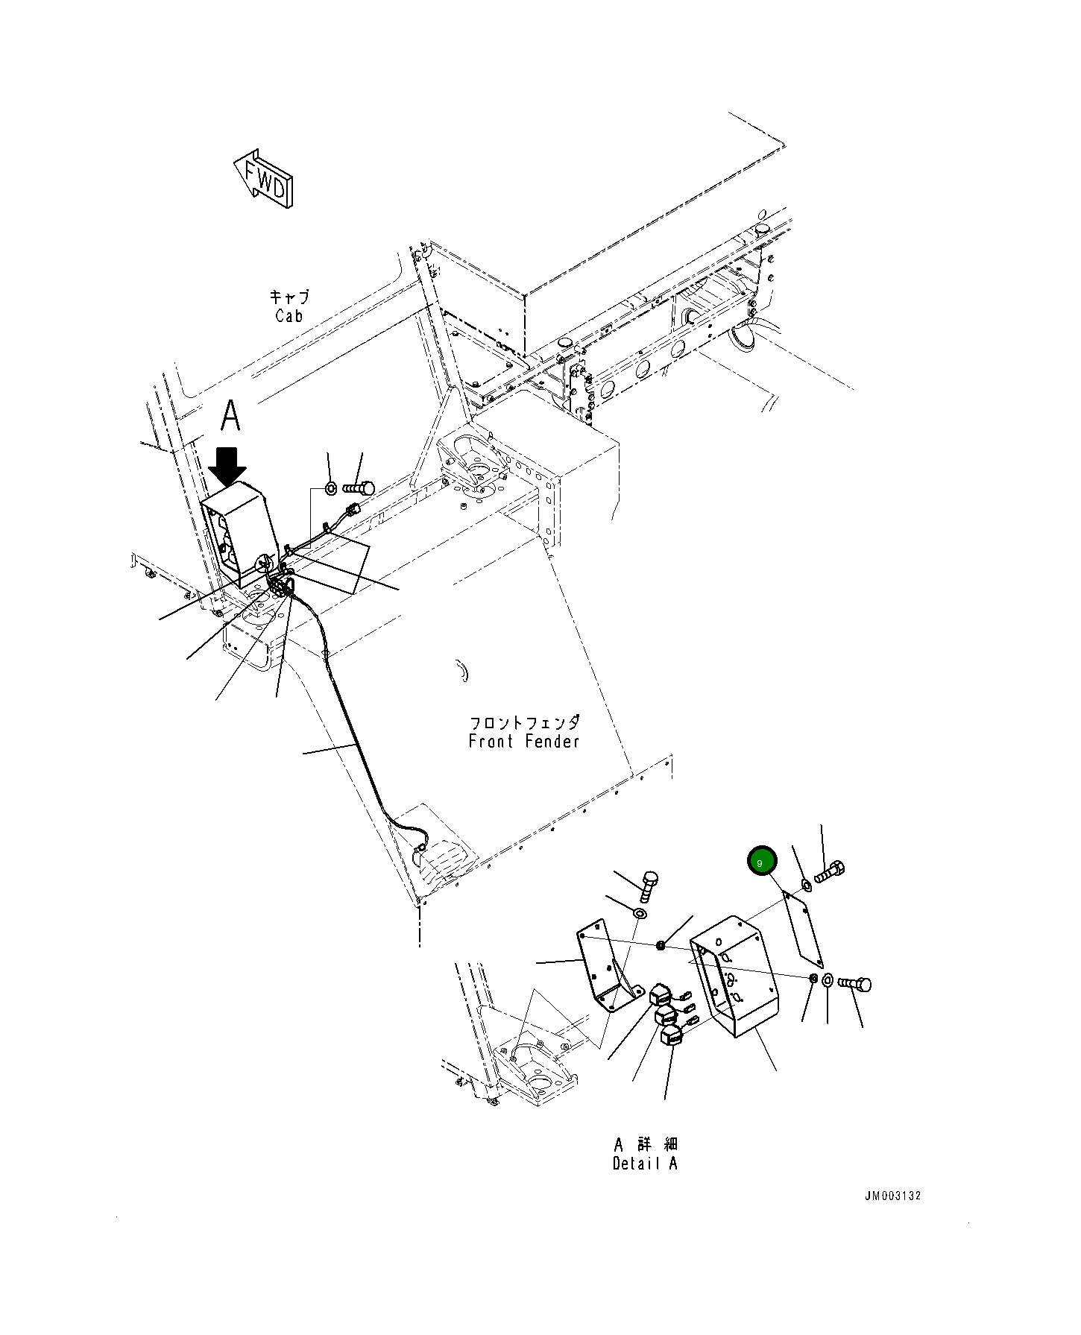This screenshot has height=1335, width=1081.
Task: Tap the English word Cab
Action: (x=289, y=316)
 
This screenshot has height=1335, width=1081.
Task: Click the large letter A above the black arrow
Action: (x=231, y=416)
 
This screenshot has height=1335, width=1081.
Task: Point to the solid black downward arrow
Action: (x=227, y=466)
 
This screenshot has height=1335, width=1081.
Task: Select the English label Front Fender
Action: (x=524, y=742)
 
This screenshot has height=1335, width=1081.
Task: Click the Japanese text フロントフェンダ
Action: (x=524, y=722)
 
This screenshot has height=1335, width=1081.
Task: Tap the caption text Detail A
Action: (x=645, y=1164)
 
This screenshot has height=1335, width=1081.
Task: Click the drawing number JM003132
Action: (x=892, y=1216)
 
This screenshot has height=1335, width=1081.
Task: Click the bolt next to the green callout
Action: (x=830, y=871)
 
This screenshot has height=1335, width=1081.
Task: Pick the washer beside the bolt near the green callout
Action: (x=807, y=885)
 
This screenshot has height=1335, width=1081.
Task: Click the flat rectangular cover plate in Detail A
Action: (x=802, y=929)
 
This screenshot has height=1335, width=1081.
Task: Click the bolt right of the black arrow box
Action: (x=359, y=489)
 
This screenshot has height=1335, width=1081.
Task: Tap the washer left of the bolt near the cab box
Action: (x=330, y=490)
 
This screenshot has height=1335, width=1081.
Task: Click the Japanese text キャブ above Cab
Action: (x=289, y=297)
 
